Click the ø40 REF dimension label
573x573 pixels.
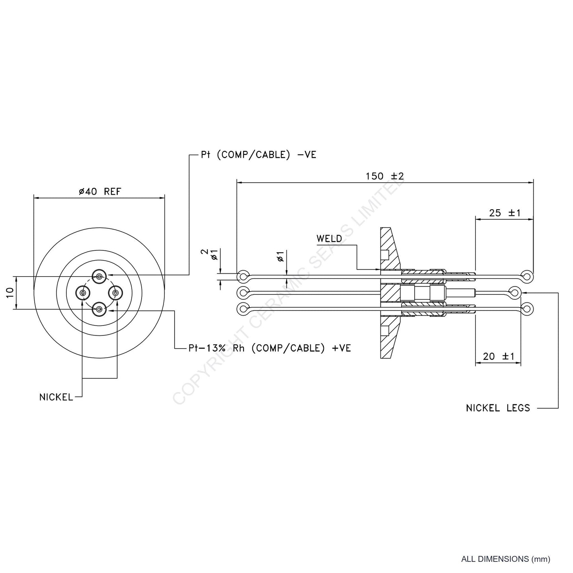(x=99, y=191)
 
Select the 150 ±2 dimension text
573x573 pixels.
(x=385, y=176)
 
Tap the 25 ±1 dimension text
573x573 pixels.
(x=505, y=213)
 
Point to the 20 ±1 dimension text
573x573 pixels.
(x=498, y=356)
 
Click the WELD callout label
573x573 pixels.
(x=329, y=239)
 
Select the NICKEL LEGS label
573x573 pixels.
(x=498, y=408)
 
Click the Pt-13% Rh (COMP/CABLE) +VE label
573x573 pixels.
(x=270, y=348)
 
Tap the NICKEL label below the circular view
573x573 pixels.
(x=56, y=397)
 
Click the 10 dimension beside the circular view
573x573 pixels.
(x=11, y=292)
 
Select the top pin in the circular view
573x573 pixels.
(x=99, y=276)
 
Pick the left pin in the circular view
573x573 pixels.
(x=82, y=293)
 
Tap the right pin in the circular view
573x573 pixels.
(x=115, y=293)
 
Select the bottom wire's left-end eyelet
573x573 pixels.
(x=242, y=309)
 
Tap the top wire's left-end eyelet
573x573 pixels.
(x=242, y=276)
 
